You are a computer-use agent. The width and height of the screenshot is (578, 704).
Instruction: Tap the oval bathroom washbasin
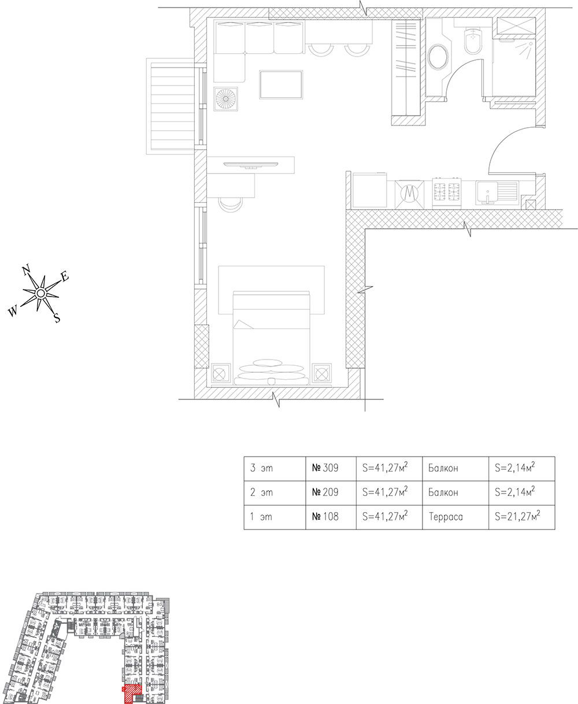pos(440,58)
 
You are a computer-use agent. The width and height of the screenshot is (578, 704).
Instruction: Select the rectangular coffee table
pos(281,84)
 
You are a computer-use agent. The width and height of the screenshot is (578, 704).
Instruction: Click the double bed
pos(271,338)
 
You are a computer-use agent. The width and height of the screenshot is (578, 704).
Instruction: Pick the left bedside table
pos(221,373)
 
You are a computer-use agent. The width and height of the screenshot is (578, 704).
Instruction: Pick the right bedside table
pos(321,373)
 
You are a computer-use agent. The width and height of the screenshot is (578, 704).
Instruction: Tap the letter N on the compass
pos(26,269)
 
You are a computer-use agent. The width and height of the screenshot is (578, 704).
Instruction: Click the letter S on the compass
pos(57,317)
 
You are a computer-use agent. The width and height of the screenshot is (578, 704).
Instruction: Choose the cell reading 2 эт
pos(274,493)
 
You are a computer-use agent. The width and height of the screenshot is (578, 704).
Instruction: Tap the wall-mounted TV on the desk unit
pos(250,165)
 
